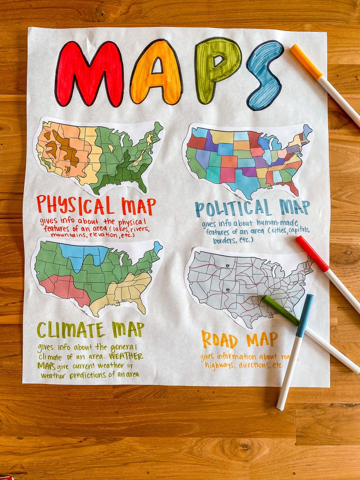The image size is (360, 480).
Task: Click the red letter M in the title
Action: [x=89, y=74]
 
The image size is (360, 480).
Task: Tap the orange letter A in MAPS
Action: [x=156, y=73]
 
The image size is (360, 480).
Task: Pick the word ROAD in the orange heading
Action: [x=219, y=339]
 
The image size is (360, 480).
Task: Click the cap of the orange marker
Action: [x=306, y=61]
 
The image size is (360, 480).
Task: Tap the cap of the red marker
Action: [x=312, y=253]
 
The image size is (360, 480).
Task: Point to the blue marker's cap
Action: [x=304, y=315]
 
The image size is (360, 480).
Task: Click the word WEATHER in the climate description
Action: [x=126, y=356]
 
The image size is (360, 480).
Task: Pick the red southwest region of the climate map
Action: [x=66, y=287]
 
